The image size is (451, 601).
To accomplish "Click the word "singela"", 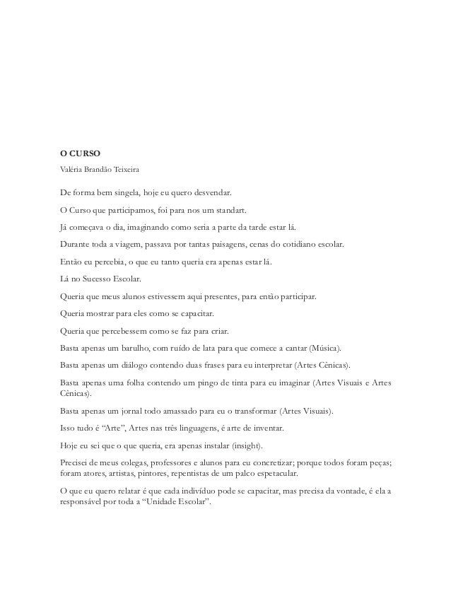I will (122, 192).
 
